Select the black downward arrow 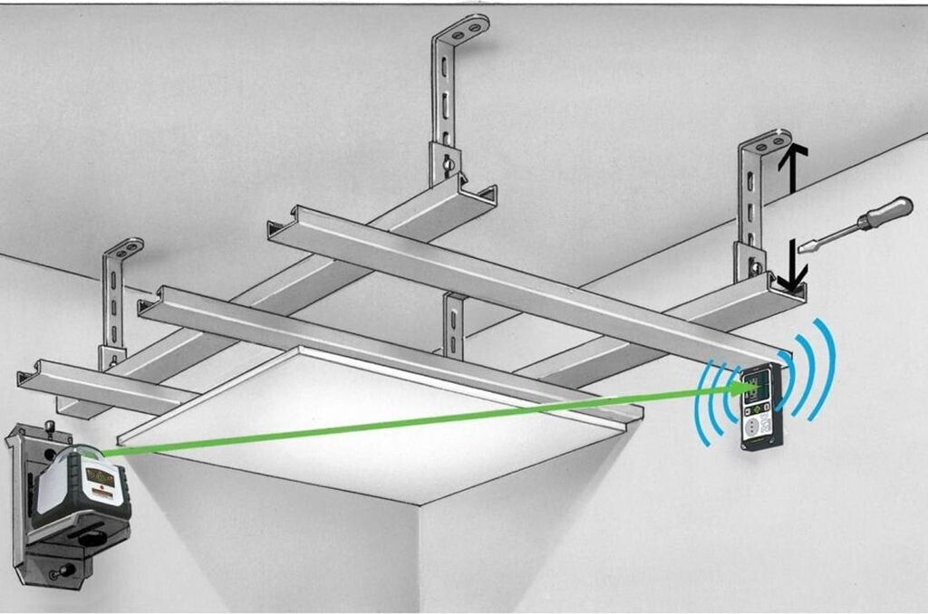tap(791, 268)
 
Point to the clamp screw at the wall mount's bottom tap(63, 571)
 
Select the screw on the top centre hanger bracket tap(446, 165)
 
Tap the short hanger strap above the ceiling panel tap(454, 324)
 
